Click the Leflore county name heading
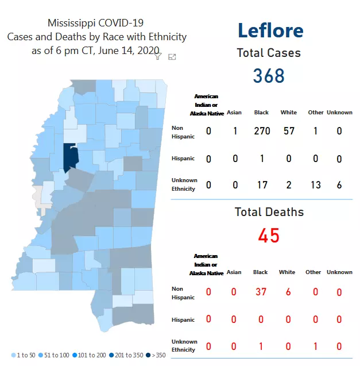270,30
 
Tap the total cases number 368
269,75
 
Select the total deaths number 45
269,235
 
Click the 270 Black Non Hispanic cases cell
262,131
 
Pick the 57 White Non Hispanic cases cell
288,131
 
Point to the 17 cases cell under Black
262,184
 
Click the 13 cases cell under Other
315,184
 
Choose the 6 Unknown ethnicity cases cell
339,184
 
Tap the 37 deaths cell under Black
261,292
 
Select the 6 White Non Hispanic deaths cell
288,292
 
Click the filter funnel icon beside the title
158,56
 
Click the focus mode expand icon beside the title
172,56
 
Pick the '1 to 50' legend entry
24,355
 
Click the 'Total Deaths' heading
269,212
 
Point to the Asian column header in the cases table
234,113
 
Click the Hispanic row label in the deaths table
183,319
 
